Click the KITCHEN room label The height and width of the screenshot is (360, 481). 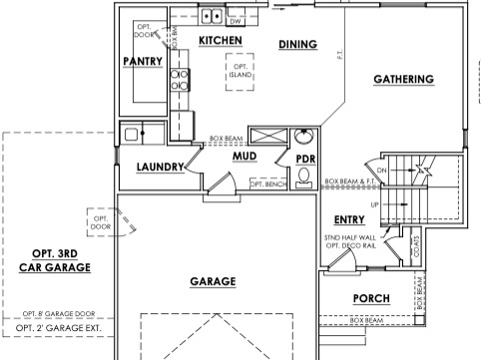click(x=222, y=40)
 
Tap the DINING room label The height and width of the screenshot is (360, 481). click(x=297, y=44)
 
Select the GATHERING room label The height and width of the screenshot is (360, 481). click(x=403, y=79)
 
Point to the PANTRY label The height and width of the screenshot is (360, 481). click(x=143, y=61)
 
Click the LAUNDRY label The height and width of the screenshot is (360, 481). click(x=160, y=167)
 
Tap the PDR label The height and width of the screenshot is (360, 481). click(x=305, y=159)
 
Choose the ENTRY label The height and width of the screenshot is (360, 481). click(x=349, y=219)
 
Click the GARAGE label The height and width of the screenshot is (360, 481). click(x=213, y=281)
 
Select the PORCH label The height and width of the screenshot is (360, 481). click(x=371, y=298)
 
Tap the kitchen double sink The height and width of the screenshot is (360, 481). click(x=211, y=16)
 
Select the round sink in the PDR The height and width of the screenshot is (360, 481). click(x=305, y=136)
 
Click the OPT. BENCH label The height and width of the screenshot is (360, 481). click(x=268, y=184)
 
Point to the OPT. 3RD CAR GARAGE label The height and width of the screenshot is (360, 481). click(x=55, y=260)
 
